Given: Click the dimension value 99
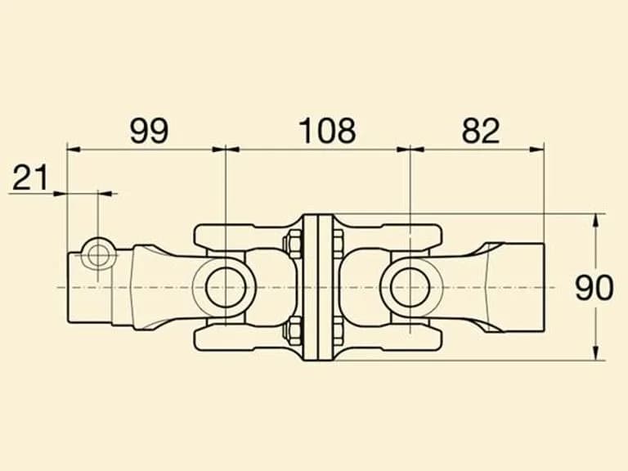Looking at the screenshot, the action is pos(149,131).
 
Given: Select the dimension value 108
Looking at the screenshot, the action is pos(327,131).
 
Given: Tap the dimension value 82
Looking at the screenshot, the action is pos(481,131).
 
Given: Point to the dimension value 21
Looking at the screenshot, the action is pos(30,177).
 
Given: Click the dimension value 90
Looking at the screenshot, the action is pos(594,288).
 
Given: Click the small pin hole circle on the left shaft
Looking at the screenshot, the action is pos(98,255).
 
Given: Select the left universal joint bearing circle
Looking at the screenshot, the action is pos(226,287).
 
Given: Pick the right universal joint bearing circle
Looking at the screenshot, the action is pos(410,287).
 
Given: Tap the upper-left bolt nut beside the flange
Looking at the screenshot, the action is pos(294,244).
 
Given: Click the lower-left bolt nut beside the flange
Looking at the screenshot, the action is pos(294,331).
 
